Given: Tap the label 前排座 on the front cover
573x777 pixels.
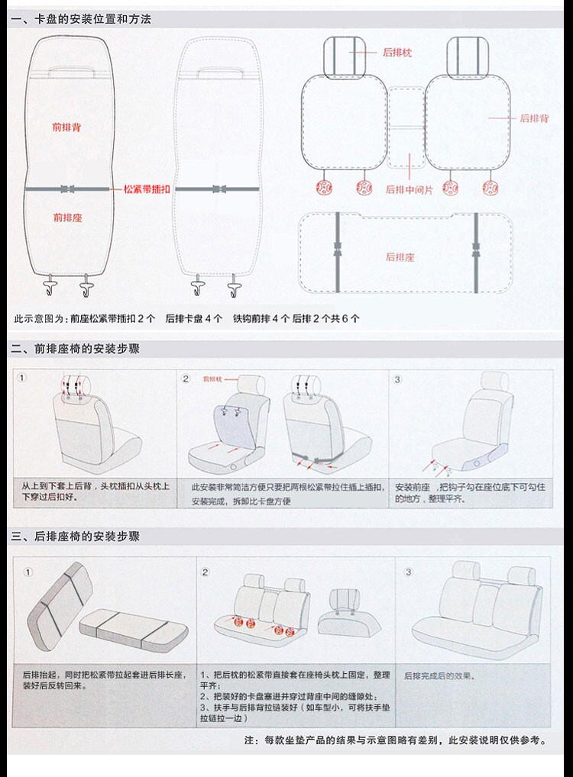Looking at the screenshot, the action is (x=67, y=218).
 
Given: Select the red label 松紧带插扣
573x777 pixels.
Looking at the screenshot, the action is (x=147, y=188).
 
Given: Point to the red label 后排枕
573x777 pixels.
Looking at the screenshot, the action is (x=397, y=53).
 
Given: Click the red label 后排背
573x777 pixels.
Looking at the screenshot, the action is (x=534, y=118).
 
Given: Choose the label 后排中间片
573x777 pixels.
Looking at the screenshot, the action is (x=409, y=189).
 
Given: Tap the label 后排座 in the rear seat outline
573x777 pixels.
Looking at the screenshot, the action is (x=400, y=257).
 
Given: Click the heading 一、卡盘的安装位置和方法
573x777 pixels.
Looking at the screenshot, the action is (x=81, y=19).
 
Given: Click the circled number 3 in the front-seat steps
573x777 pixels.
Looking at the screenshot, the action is (x=397, y=379).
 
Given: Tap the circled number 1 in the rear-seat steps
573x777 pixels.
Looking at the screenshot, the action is (x=28, y=572).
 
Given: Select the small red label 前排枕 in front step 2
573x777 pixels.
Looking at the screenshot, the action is (x=212, y=379).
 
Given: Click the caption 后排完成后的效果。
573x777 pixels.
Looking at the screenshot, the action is (x=439, y=675).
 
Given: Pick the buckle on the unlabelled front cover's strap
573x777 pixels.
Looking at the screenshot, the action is (x=219, y=189).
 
